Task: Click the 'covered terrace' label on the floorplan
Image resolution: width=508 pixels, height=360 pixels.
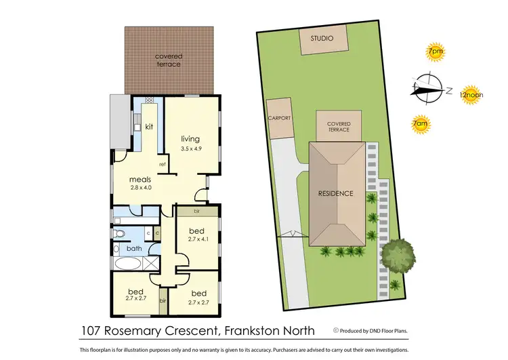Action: pos(168,60)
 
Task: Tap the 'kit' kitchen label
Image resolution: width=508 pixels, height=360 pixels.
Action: pos(148,127)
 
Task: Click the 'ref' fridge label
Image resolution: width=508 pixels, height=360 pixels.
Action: pos(163,164)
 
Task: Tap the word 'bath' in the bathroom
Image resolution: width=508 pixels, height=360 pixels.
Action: pos(135,249)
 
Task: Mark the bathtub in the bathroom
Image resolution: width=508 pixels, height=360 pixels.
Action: pos(128,264)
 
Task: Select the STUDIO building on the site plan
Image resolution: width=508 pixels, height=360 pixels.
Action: pos(322,41)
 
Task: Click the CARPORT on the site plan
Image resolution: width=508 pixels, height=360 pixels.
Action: pos(280,119)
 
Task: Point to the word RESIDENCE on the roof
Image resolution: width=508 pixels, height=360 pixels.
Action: pos(336,193)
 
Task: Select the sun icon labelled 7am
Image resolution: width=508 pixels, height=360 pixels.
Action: pos(421,124)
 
